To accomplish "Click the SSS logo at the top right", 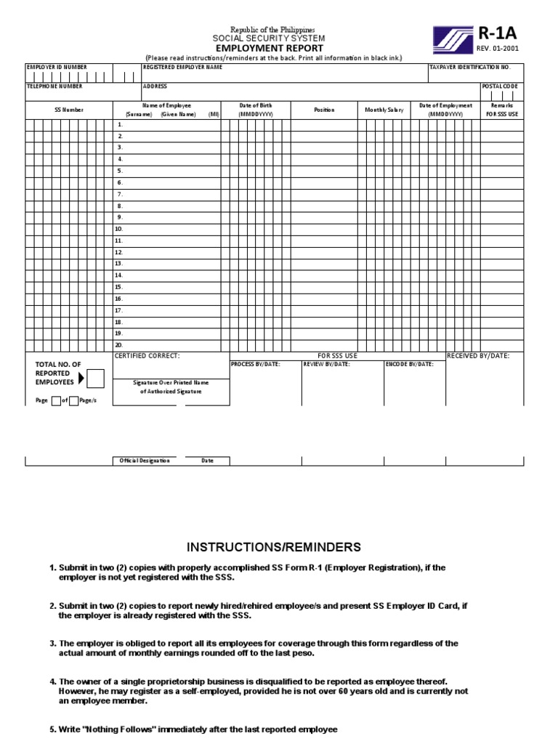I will pyautogui.click(x=453, y=40).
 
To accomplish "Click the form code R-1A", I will pyautogui.click(x=497, y=33).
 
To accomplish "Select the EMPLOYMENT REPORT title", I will pyautogui.click(x=268, y=47).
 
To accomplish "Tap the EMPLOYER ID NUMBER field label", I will pyautogui.click(x=57, y=67).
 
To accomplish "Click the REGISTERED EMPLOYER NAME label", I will pyautogui.click(x=182, y=67).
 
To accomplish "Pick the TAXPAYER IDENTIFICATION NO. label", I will pyautogui.click(x=470, y=67).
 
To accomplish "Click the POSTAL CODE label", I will pyautogui.click(x=500, y=86).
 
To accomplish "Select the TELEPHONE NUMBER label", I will pyautogui.click(x=54, y=86).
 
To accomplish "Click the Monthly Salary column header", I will pyautogui.click(x=384, y=110).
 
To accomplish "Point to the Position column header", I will pyautogui.click(x=324, y=110).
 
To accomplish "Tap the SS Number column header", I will pyautogui.click(x=69, y=110).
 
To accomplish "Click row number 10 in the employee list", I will pyautogui.click(x=119, y=229).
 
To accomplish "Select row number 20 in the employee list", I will pyautogui.click(x=119, y=345).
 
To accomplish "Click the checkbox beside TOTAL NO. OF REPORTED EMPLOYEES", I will pyautogui.click(x=95, y=378).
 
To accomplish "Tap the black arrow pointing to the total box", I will pyautogui.click(x=81, y=378).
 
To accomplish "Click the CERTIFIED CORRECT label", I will pyautogui.click(x=147, y=356).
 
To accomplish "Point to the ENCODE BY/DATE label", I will pyautogui.click(x=410, y=364).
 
